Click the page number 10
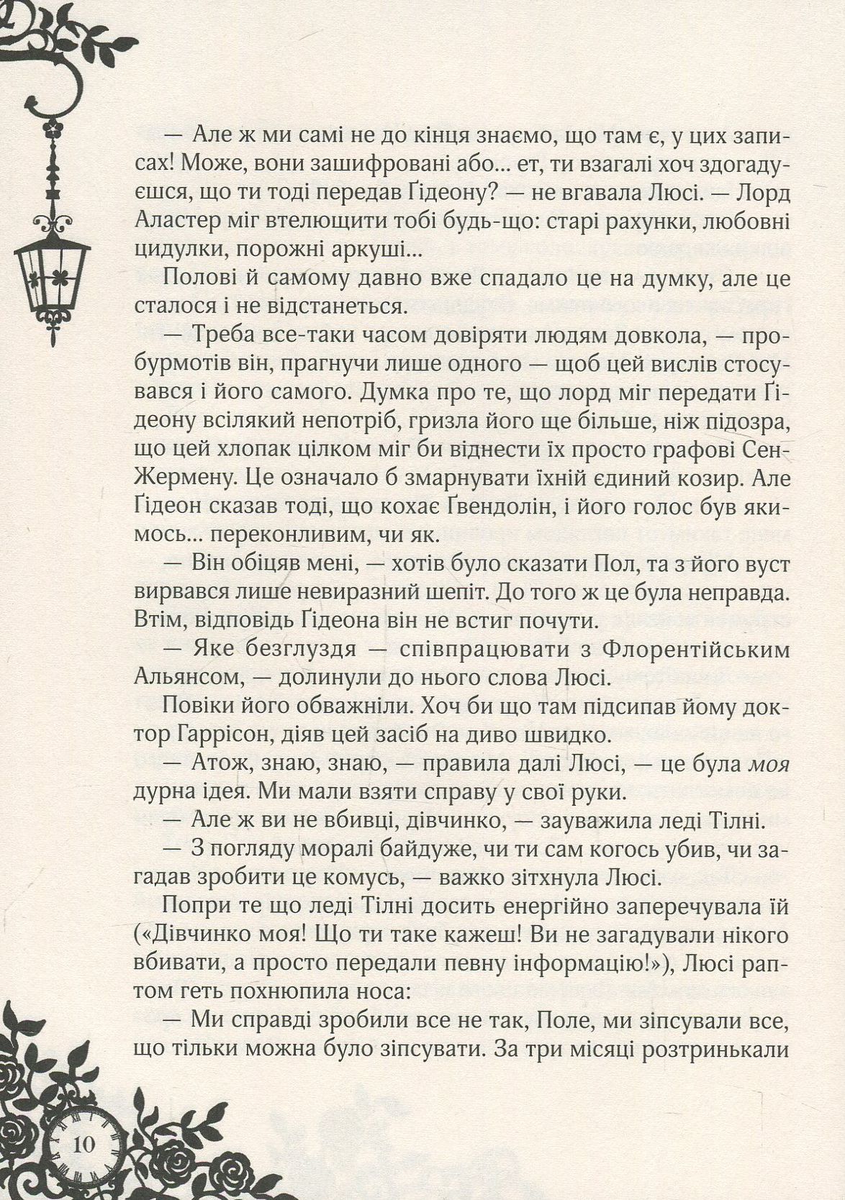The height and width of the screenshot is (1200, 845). pyautogui.click(x=83, y=1143)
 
